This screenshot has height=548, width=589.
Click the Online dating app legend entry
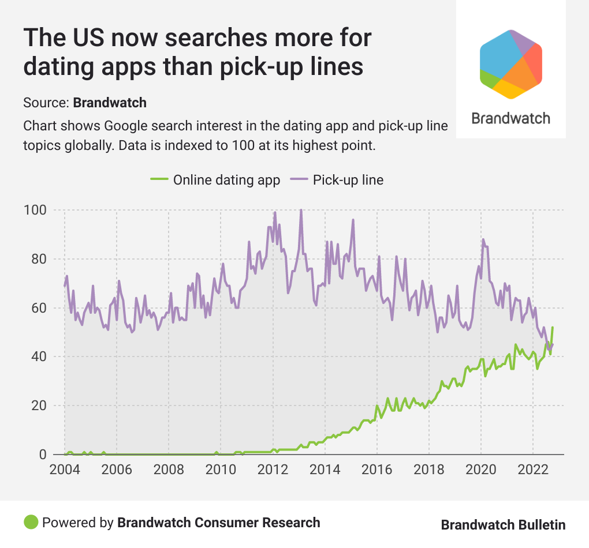pos(215,179)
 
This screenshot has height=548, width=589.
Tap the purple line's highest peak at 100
pos(301,210)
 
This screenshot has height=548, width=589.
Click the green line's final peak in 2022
pos(553,328)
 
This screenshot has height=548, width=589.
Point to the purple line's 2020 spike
pos(483,239)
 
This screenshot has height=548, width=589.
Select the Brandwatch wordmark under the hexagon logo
pos(510,118)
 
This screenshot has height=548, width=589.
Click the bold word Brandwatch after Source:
pos(110,103)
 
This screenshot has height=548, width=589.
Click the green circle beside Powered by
pos(31,523)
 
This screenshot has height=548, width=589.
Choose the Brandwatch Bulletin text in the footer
pos(503,524)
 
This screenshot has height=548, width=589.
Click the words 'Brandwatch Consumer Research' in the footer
pos(218,523)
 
